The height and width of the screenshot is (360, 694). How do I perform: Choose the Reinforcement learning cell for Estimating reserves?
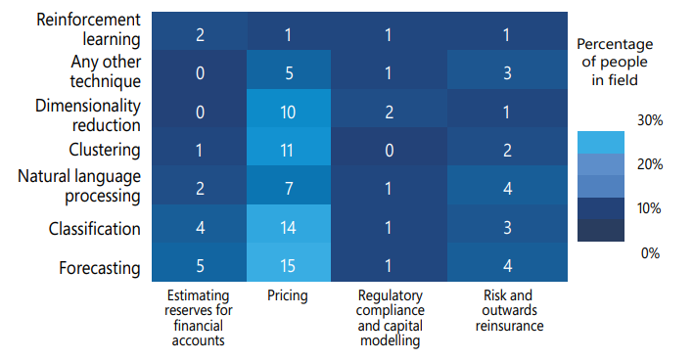click(x=199, y=34)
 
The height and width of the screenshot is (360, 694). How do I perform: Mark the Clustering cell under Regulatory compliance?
click(x=390, y=151)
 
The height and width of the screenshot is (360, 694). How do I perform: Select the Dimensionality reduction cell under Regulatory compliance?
click(x=390, y=112)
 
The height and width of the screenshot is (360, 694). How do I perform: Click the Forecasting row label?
click(x=98, y=268)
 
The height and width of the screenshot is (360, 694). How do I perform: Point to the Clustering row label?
click(x=105, y=151)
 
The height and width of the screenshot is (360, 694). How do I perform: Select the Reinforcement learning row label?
click(x=85, y=30)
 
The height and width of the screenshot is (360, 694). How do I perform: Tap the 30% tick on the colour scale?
click(x=650, y=120)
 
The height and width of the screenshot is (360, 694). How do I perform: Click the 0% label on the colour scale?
click(x=650, y=253)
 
